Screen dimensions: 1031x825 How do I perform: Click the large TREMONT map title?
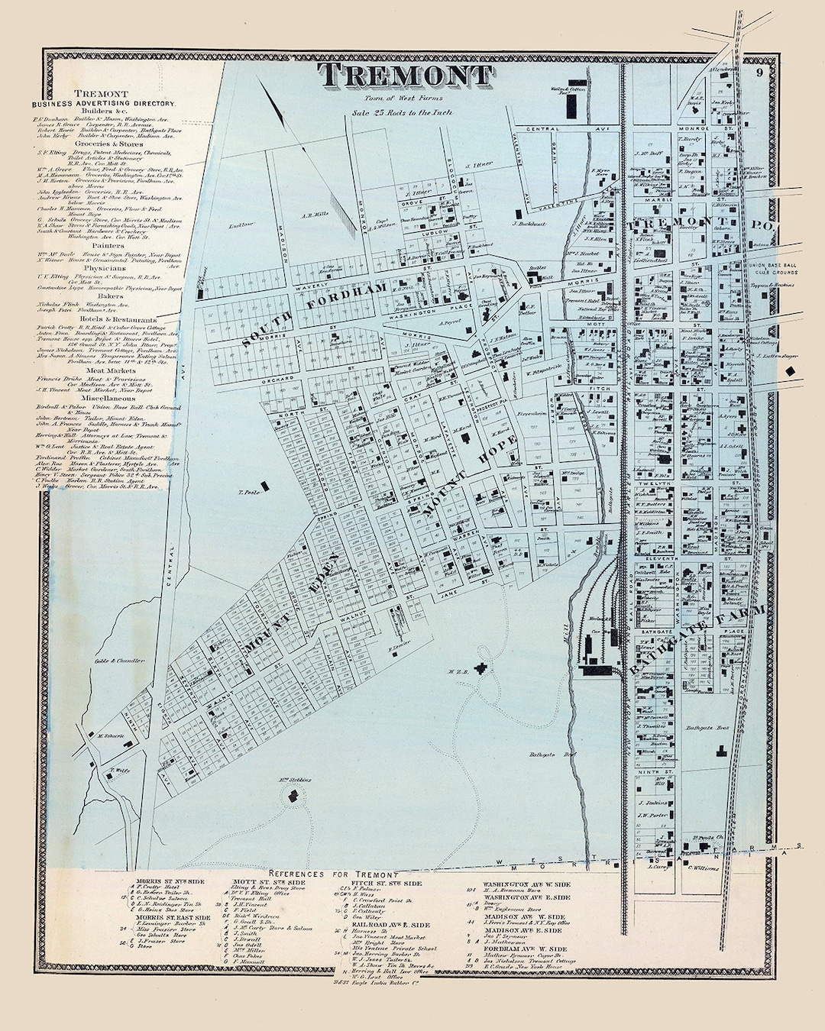point(405,76)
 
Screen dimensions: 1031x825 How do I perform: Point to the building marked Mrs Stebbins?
point(293,794)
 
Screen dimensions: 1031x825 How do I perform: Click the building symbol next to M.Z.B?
point(480,669)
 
